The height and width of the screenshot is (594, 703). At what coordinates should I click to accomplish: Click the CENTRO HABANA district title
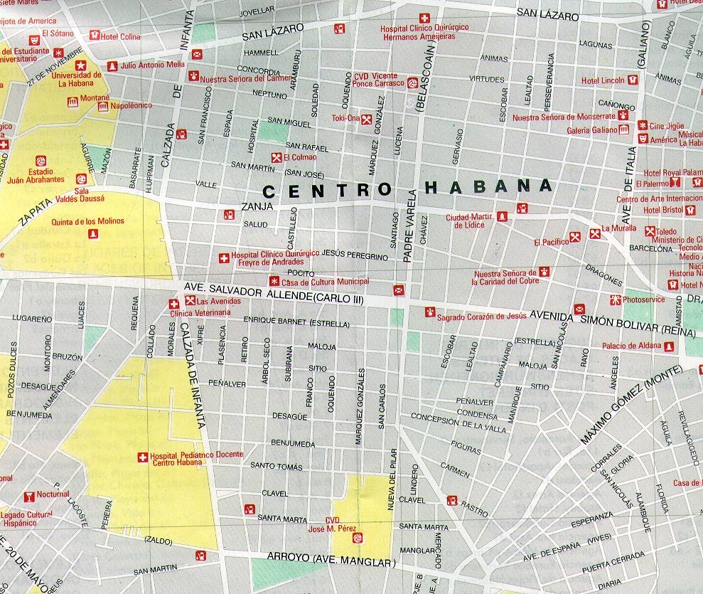[407, 188]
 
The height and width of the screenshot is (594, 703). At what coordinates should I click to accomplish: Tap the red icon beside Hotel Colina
[93, 36]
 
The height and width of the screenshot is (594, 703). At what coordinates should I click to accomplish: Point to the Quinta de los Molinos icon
[90, 234]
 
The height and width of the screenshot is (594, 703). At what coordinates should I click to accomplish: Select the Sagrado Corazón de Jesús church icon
[429, 312]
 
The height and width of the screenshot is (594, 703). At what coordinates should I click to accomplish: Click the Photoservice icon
[616, 299]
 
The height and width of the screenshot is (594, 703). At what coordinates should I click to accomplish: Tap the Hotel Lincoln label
[603, 80]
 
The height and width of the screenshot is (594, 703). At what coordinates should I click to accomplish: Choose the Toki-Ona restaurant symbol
[367, 119]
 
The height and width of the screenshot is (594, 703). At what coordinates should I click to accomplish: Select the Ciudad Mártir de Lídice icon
[502, 215]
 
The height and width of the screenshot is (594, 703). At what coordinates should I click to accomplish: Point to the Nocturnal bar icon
[29, 496]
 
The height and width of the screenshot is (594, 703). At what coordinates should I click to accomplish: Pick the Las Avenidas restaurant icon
[189, 301]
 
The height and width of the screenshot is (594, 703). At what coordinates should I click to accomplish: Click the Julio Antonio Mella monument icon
[112, 65]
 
